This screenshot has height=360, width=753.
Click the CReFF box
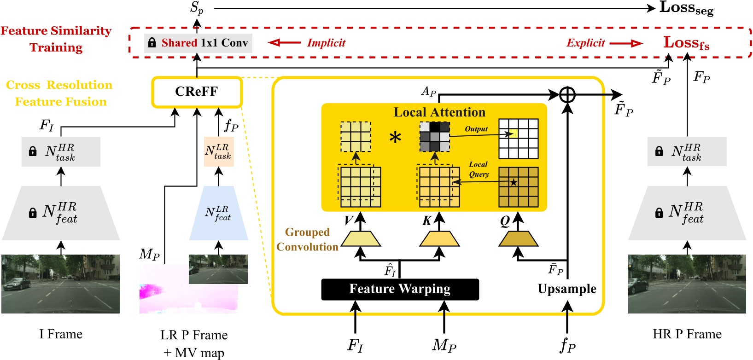coord(197,92)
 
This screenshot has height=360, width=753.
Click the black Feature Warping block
coord(400,289)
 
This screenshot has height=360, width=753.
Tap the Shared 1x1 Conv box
coord(198,43)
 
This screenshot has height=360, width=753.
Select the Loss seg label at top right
coord(686,8)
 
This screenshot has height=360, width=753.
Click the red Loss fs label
coord(686,43)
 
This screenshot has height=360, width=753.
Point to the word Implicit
coord(326,43)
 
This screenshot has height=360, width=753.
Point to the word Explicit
coord(585,43)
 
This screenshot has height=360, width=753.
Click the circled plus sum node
coord(567,95)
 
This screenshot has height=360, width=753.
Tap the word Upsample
coord(567,289)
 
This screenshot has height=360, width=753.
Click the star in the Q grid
coord(514,182)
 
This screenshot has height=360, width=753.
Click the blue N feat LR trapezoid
coord(218,213)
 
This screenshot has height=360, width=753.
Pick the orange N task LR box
coord(218,151)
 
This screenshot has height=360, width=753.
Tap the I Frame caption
coord(61,334)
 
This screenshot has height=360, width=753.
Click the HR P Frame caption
coord(687,334)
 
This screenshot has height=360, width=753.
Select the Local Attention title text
coord(439,112)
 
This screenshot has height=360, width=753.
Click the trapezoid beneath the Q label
coord(519,239)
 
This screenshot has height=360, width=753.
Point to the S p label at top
coord(197,8)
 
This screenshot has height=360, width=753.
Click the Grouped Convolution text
coord(307,239)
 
